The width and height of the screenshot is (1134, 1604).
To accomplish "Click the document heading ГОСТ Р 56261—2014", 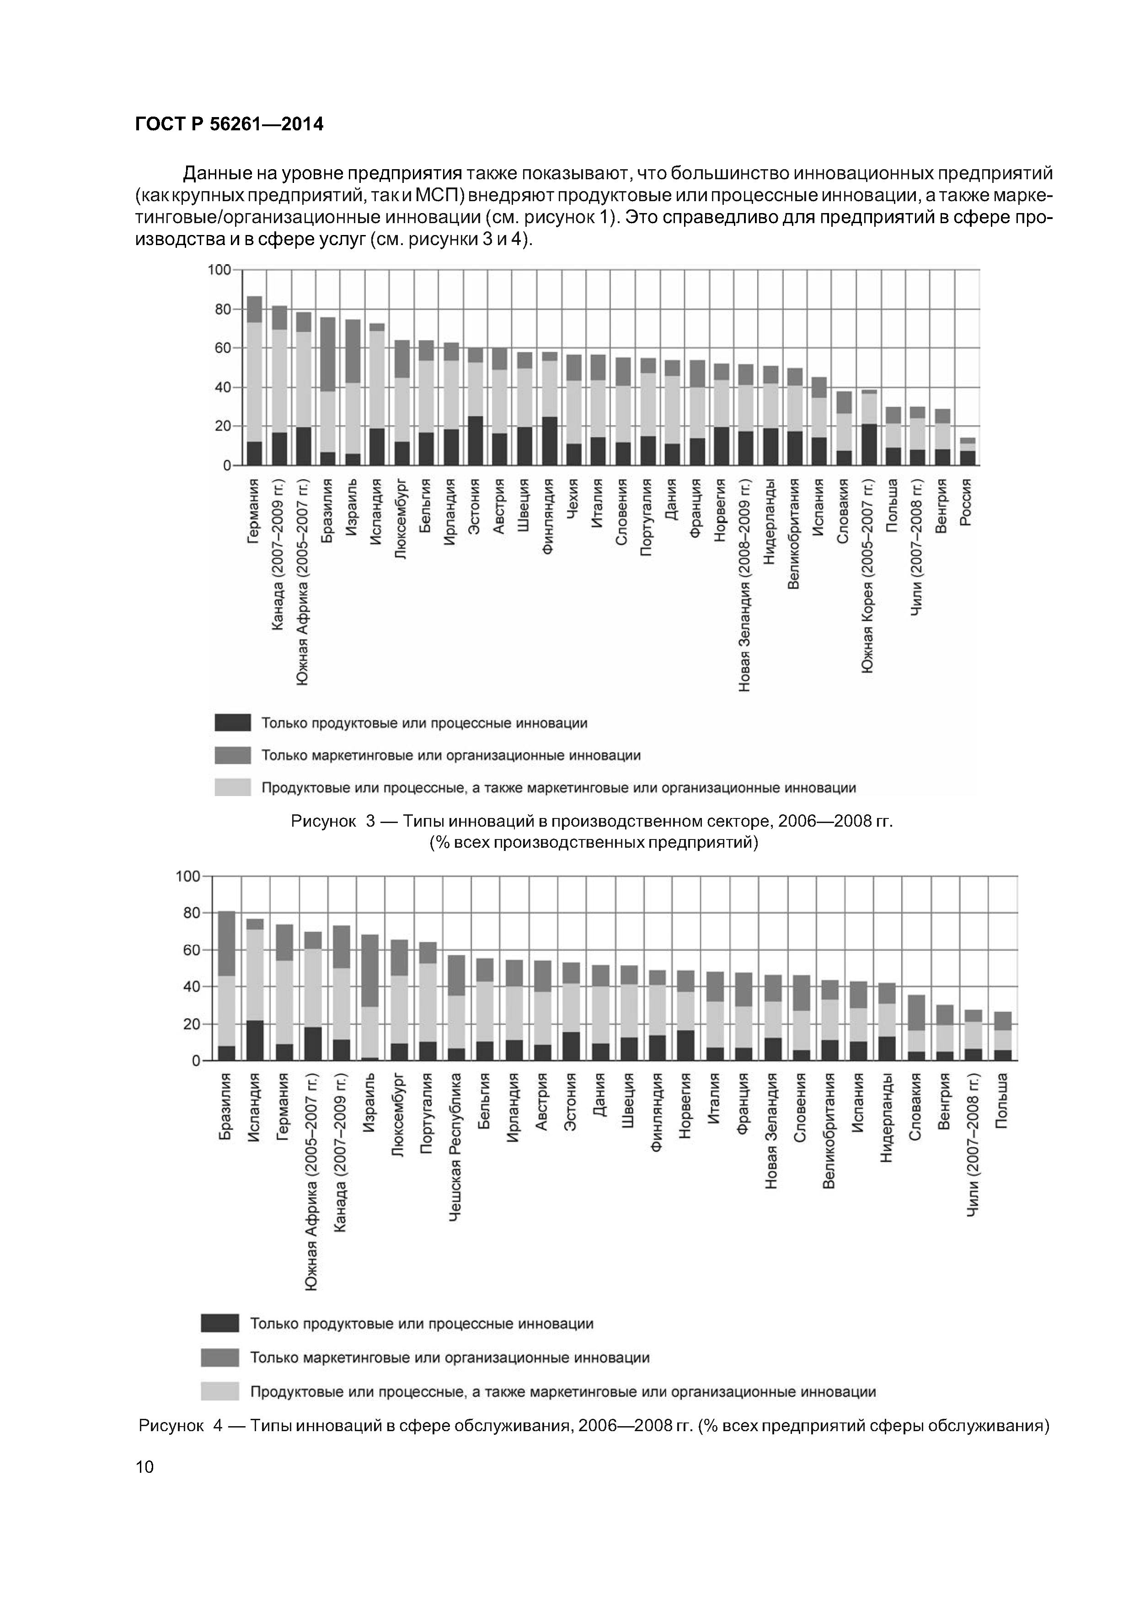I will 229,124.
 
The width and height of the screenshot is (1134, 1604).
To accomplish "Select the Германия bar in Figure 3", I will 254,381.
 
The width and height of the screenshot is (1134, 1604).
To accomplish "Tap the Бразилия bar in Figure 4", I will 226,986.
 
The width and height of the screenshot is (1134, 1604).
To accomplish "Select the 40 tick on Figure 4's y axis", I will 190,986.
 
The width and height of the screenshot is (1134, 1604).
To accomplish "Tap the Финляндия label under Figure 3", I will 549,517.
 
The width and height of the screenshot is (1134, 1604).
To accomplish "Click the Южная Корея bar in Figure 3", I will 869,428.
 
